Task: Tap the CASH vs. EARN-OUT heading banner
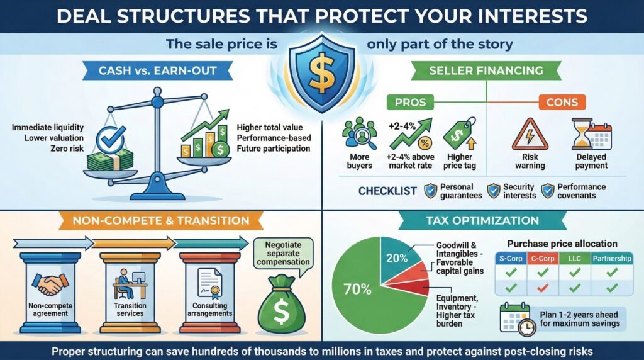(158, 71)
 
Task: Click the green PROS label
(410, 101)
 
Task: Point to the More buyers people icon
(358, 136)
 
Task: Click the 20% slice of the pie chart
(397, 258)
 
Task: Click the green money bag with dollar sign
(282, 307)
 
